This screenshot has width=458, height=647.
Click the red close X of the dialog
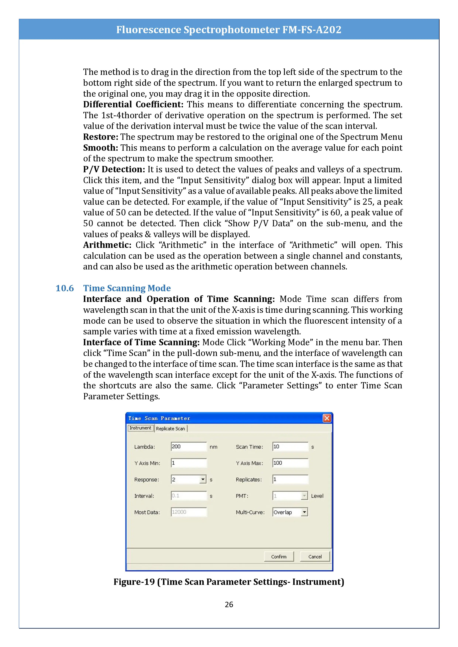[x=327, y=418]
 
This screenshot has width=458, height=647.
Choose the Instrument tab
[x=140, y=428]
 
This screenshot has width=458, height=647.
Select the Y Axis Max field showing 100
[x=290, y=463]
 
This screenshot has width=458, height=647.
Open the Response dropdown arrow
[x=203, y=479]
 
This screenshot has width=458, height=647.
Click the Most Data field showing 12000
[x=189, y=512]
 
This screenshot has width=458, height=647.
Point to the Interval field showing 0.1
[x=189, y=496]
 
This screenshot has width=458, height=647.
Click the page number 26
[x=229, y=604]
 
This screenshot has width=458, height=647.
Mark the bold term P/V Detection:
[x=114, y=169]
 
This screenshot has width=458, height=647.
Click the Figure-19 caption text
[x=229, y=582]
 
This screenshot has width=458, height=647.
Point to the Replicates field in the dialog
[x=290, y=479]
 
